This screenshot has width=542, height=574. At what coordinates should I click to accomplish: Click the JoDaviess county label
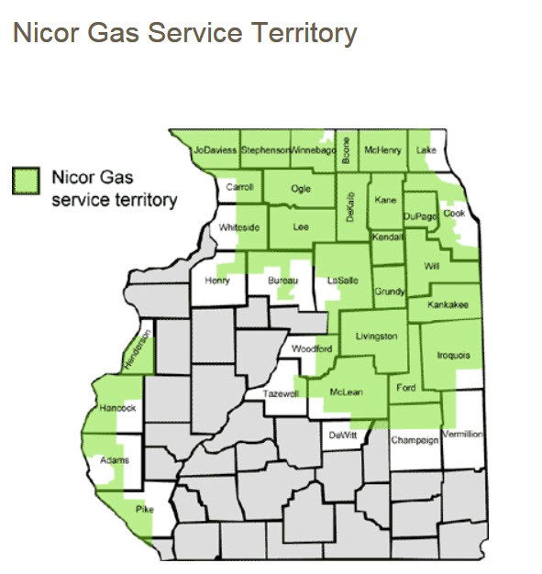coord(216,149)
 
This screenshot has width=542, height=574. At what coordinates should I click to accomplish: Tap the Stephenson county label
coord(265,149)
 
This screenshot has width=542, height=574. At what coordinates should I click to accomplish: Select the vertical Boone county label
coord(346,149)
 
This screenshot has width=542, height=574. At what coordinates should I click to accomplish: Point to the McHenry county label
coord(382,149)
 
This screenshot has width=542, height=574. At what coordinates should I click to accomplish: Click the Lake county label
coord(426,149)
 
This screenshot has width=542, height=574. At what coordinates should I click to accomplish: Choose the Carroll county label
coord(239,187)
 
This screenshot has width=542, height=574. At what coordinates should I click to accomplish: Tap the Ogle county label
coord(301,188)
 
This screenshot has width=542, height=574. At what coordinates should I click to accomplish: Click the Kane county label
coord(386,198)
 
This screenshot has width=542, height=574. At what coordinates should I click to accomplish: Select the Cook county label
coord(454,213)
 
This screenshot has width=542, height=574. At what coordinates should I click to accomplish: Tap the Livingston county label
coord(376,337)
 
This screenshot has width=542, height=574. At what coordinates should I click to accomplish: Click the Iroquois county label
coord(452,355)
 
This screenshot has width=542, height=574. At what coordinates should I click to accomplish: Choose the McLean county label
coord(347,392)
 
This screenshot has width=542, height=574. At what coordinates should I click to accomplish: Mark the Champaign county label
coord(415,440)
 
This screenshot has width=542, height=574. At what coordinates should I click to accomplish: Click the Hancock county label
coord(118,408)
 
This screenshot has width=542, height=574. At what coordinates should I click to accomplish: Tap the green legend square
coord(27,181)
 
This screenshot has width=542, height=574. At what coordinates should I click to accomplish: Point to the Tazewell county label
coord(282,393)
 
